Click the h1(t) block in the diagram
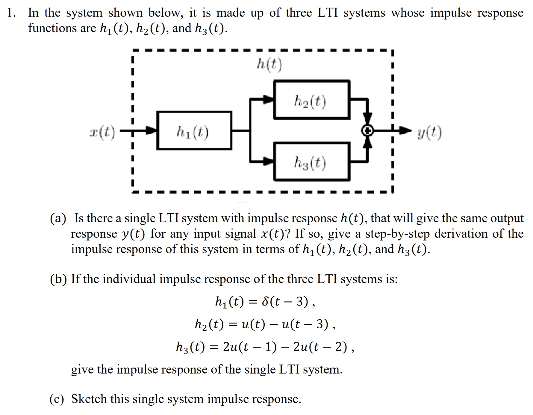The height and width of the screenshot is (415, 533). (x=194, y=130)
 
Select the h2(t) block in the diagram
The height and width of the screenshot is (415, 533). (x=311, y=100)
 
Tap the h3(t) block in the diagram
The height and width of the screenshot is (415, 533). (x=311, y=162)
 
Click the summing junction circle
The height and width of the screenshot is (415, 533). (x=368, y=131)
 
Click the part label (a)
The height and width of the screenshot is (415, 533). (x=58, y=218)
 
